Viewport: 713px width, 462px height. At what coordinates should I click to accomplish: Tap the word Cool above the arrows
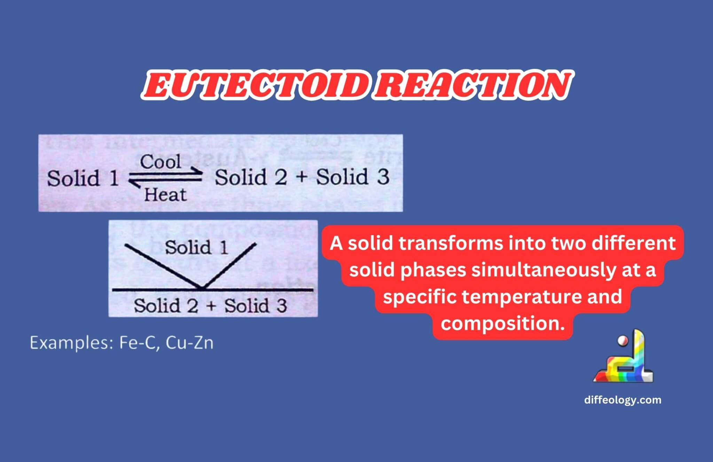160,162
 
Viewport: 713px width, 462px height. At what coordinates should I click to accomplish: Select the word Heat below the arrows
165,194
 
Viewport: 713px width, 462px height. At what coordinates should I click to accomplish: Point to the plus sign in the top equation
301,177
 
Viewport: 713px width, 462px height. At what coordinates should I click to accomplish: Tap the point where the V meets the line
202,288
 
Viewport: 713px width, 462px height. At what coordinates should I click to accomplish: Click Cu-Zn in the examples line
190,343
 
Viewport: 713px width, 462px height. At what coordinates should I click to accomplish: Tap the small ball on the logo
622,341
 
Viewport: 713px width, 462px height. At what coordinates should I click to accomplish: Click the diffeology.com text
623,400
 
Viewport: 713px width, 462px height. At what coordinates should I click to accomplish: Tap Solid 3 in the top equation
353,177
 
